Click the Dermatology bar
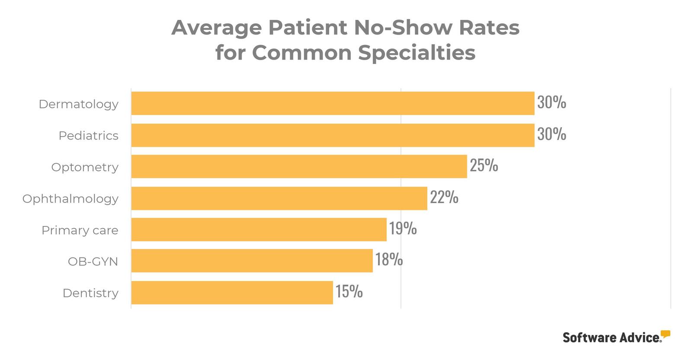tap(333, 103)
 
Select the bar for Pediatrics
tap(333, 135)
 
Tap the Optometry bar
tap(299, 167)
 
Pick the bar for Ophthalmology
tap(279, 198)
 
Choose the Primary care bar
tap(259, 229)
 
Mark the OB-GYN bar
tap(252, 261)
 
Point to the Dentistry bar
tap(232, 293)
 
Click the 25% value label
tap(484, 166)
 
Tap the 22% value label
tap(444, 197)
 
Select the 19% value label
tap(403, 228)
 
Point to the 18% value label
tap(389, 259)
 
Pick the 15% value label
tap(349, 291)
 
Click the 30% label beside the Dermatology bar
tap(551, 102)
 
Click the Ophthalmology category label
tap(70, 199)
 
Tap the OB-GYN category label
tap(93, 262)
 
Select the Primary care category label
tap(80, 230)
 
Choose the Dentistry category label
tap(90, 293)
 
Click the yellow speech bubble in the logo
tap(666, 334)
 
